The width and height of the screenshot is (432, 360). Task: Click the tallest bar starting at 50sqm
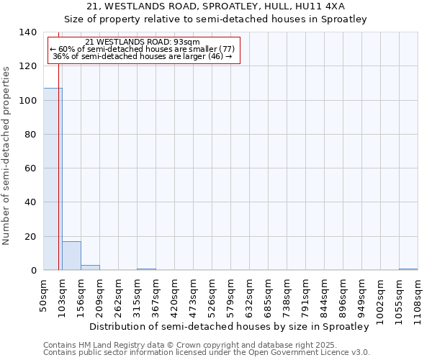pos(53,179)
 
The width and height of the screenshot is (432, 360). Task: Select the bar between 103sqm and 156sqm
pos(71,256)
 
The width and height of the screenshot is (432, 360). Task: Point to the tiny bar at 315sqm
pos(146,269)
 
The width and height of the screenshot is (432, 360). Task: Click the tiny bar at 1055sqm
pos(408,269)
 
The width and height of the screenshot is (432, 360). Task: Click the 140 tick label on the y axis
pos(28,32)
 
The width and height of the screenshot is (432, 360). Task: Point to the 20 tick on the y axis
pos(31,236)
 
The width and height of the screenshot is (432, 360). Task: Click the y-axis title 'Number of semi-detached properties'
pos(7,156)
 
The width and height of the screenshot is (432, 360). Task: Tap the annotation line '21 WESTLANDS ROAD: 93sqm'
pos(142,42)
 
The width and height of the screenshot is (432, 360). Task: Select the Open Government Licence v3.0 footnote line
pos(207,353)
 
